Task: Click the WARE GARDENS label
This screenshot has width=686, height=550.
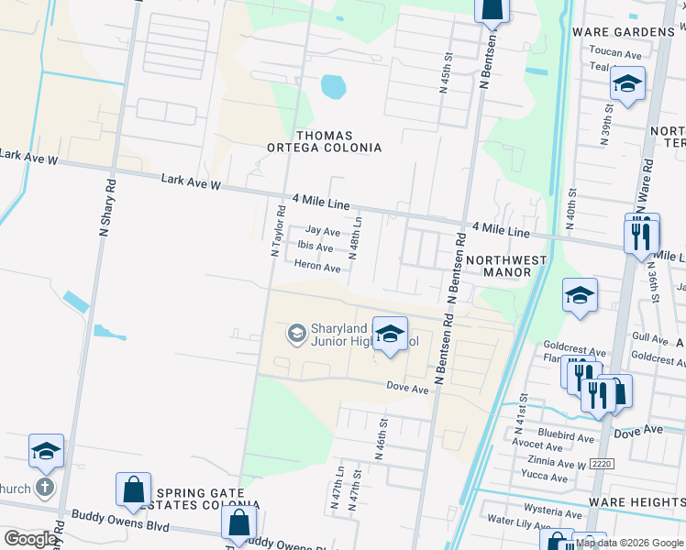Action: tap(623, 32)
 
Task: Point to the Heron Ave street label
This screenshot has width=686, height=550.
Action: tap(317, 268)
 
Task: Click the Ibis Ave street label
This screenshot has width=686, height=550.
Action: tap(315, 247)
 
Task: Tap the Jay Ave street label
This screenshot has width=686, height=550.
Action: tap(323, 232)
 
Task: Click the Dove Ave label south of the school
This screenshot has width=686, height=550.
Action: tap(407, 389)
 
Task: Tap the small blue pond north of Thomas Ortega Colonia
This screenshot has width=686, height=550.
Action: tap(333, 87)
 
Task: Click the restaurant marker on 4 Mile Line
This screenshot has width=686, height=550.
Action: tap(640, 235)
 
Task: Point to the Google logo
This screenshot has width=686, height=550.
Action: tap(30, 539)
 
